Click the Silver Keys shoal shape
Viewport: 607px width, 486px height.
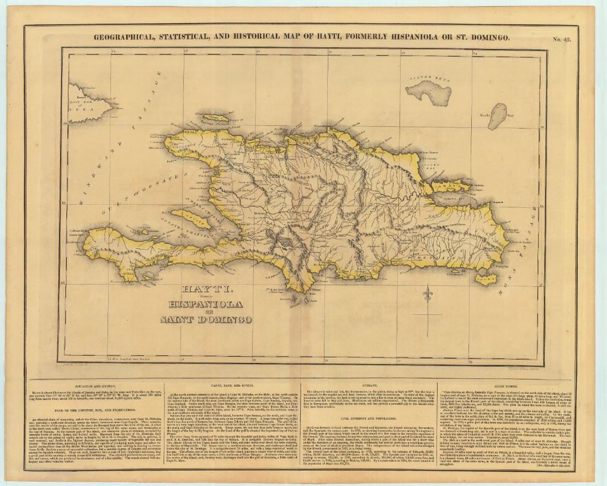tap(429, 93)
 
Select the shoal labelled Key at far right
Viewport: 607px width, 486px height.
tap(497, 116)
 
